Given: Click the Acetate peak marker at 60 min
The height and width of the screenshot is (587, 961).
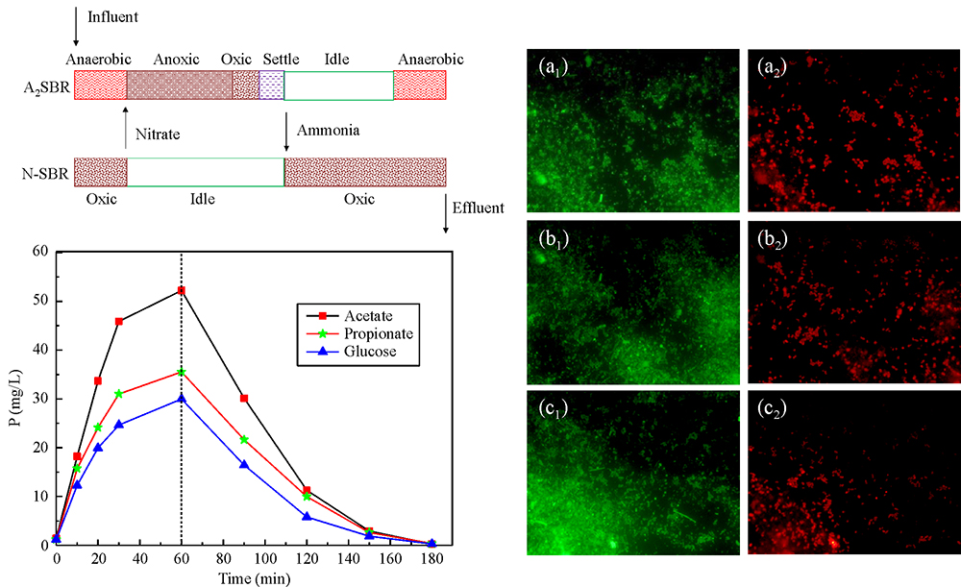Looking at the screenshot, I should [182, 290].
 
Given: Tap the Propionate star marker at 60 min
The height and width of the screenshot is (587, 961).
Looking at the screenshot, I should [182, 372].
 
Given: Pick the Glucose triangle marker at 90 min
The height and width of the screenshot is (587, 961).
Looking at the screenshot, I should [244, 464].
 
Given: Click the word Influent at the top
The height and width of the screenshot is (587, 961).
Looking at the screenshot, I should [112, 16].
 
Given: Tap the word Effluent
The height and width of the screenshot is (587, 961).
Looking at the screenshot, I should [478, 208].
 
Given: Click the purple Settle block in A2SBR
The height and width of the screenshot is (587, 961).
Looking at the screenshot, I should [272, 86].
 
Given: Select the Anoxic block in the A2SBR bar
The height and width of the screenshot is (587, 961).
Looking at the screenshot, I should [180, 86].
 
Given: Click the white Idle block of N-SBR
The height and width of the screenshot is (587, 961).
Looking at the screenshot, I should [206, 172].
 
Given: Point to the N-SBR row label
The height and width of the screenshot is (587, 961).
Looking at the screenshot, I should [43, 173].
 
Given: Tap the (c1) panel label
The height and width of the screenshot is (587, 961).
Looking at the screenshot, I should [554, 408].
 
